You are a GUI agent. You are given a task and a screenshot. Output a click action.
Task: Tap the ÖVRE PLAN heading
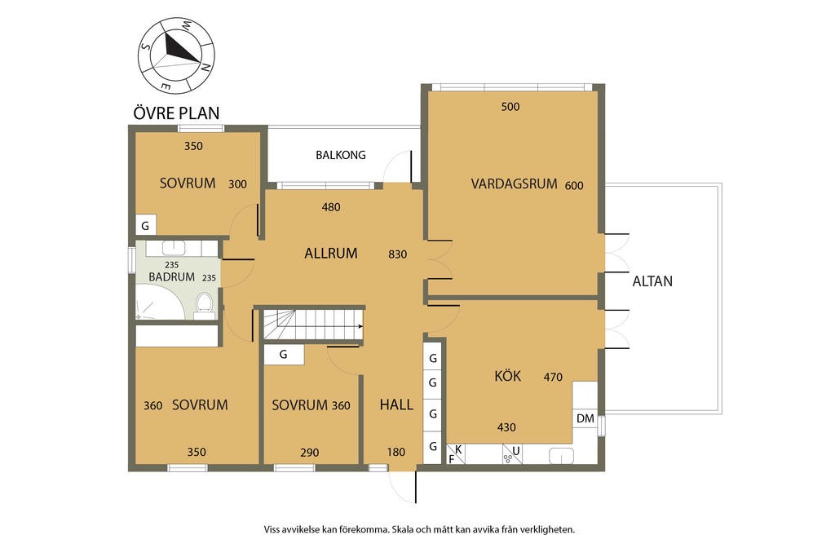click(x=176, y=113)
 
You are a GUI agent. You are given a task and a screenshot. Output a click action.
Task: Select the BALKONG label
click(x=341, y=155)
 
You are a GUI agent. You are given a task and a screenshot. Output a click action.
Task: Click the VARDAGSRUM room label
click(x=514, y=184)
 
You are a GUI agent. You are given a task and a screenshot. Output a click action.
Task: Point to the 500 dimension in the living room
click(x=510, y=107)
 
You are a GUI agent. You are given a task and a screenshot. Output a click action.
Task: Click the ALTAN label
click(x=652, y=281)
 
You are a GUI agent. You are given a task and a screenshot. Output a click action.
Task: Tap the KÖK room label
click(x=507, y=376)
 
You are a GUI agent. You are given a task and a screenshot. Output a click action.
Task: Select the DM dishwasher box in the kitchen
click(x=585, y=418)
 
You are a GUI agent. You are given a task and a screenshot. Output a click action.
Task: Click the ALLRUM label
click(x=331, y=253)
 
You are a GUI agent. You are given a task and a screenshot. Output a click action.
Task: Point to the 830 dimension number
click(x=397, y=254)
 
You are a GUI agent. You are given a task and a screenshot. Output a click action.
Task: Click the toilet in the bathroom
click(x=205, y=303)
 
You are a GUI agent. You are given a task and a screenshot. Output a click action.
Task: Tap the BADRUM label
click(x=171, y=277)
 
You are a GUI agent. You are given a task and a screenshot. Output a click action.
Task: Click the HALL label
click(x=396, y=404)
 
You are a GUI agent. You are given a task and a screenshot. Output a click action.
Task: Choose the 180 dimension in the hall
click(x=396, y=453)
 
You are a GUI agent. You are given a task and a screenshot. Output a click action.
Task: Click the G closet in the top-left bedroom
click(x=145, y=225)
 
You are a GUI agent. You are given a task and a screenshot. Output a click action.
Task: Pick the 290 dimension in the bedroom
click(x=309, y=453)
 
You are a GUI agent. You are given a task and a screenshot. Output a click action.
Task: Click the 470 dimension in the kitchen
click(x=554, y=377)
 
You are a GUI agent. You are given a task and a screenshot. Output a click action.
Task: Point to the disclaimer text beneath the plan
click(x=419, y=529)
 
